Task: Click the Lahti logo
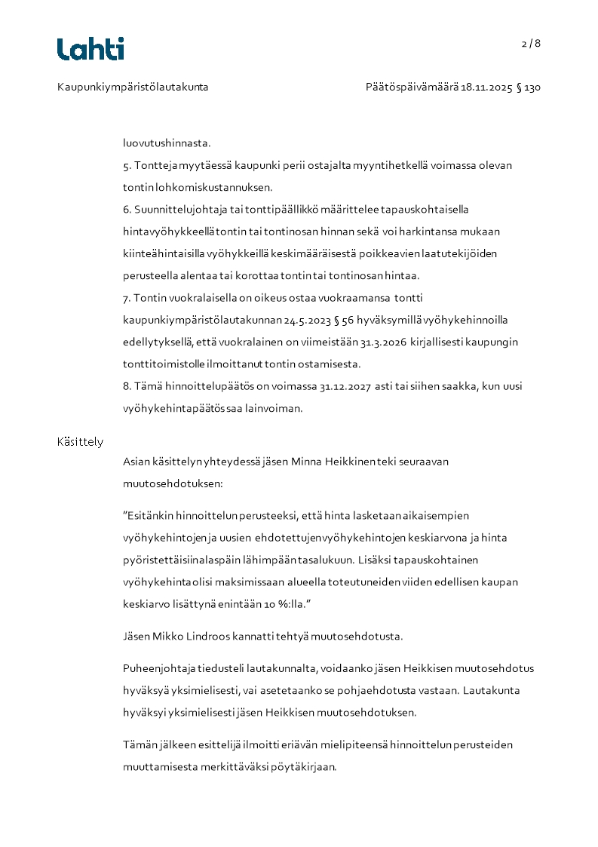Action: click(x=90, y=49)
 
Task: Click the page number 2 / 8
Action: click(x=531, y=43)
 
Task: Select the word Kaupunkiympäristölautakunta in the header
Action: click(x=133, y=87)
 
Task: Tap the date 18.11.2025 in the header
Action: click(x=487, y=87)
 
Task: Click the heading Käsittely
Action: click(x=80, y=442)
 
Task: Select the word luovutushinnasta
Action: click(x=167, y=143)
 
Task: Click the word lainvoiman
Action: click(x=277, y=408)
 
